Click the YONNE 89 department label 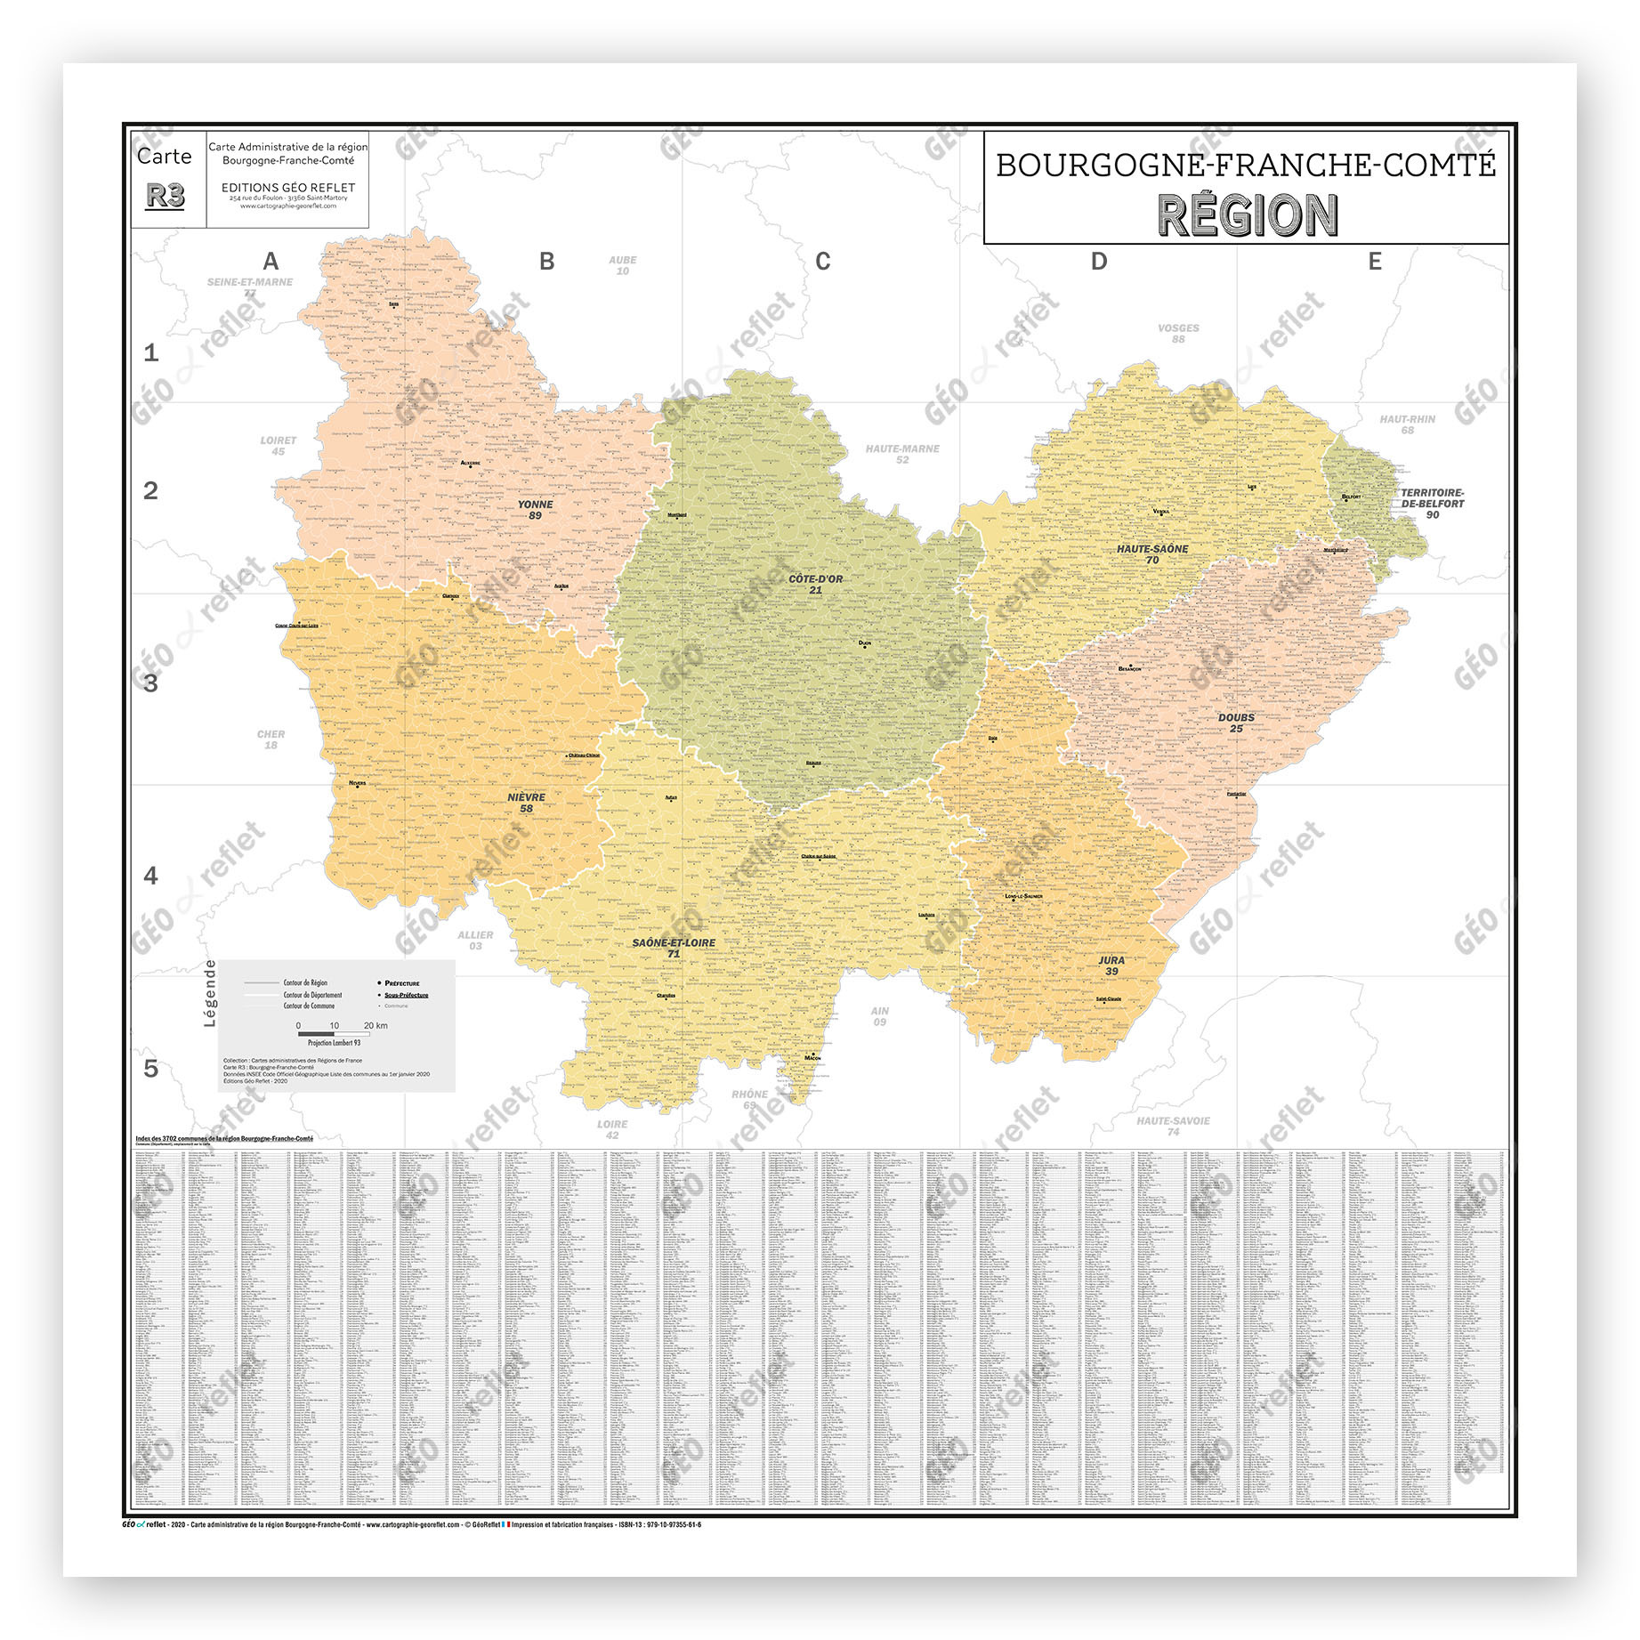click(535, 510)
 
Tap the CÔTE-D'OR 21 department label click(815, 585)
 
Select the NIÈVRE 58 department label click(526, 803)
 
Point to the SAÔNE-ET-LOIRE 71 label click(674, 948)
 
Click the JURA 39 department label click(1111, 965)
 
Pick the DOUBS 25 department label click(1236, 723)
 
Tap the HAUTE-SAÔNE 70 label click(1152, 554)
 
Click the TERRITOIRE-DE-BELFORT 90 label click(1432, 504)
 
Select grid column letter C click(822, 262)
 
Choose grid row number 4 click(150, 876)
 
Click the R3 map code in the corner click(166, 196)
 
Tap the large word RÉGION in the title click(1247, 215)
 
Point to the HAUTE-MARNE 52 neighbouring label click(902, 454)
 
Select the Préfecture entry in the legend click(401, 983)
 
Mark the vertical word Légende click(211, 993)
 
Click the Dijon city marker click(863, 646)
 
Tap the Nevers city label click(358, 784)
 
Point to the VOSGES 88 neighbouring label click(1178, 333)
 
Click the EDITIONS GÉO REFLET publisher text click(288, 188)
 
